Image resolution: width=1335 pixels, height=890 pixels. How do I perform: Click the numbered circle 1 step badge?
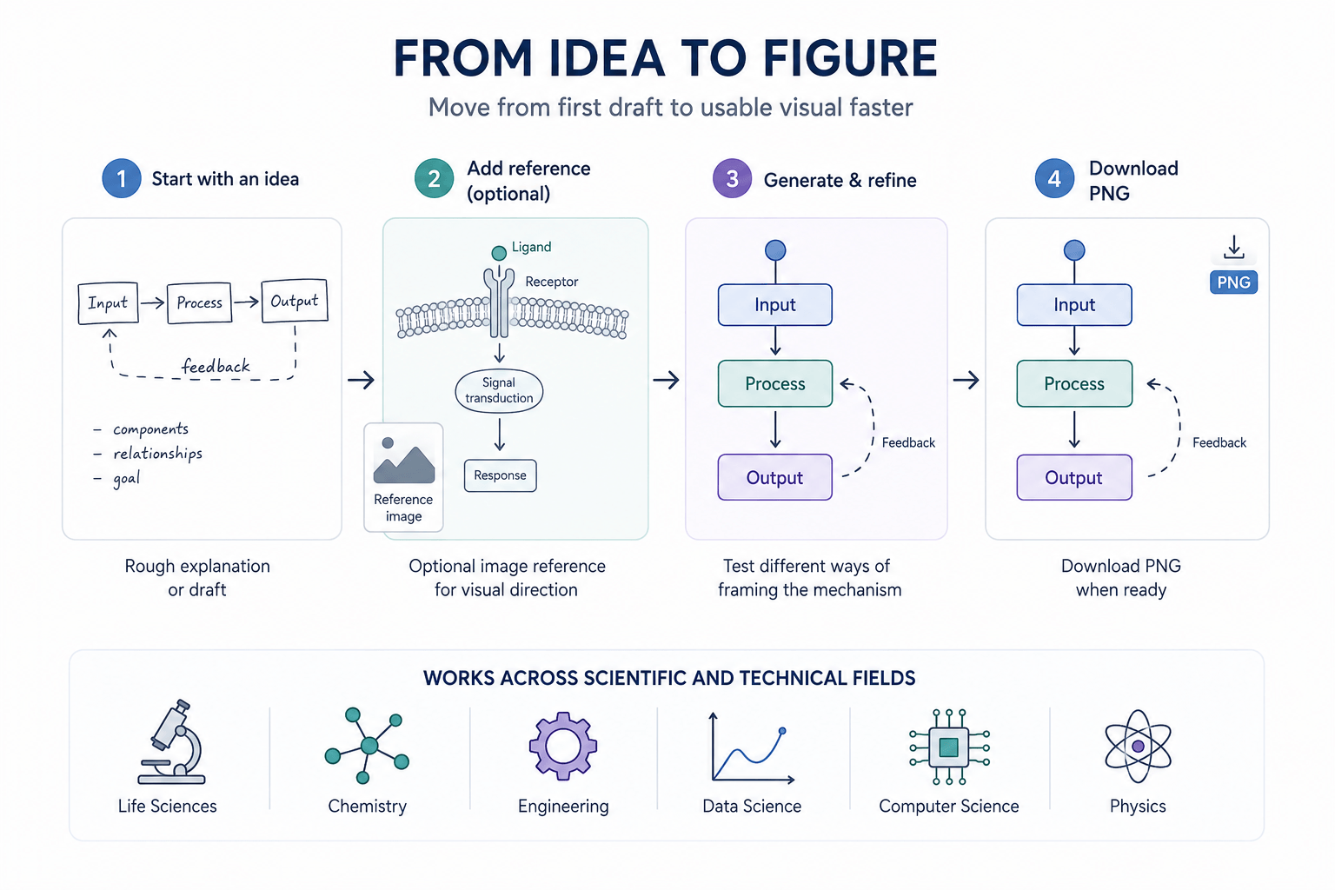122,178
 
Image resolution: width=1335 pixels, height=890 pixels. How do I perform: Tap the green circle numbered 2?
434,178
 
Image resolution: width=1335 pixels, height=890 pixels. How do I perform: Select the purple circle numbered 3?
733,178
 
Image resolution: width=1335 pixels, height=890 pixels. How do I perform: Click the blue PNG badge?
1233,282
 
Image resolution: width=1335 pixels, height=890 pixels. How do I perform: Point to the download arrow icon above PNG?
1233,247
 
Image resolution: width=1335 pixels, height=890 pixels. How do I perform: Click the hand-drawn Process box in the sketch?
200,302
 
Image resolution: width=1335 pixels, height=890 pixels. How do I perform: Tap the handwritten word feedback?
216,365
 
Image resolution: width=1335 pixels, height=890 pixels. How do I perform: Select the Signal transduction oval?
499,390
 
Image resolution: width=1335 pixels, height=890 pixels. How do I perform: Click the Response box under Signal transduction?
500,475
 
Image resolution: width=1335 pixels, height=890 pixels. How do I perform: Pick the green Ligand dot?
499,253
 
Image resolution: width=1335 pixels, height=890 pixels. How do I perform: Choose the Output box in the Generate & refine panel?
774,477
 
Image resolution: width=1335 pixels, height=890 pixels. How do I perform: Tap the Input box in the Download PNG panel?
1074,304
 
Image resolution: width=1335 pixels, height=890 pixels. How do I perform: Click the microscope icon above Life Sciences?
171,741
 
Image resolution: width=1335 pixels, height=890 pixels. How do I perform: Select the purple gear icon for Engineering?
563,746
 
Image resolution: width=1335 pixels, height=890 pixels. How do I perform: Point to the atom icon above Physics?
1138,746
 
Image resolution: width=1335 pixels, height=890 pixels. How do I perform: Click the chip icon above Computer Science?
949,747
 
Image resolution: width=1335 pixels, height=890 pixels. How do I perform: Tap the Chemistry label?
367,806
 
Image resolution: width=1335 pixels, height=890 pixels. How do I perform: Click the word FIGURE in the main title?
850,58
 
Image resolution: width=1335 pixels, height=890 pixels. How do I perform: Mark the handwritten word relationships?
158,454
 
